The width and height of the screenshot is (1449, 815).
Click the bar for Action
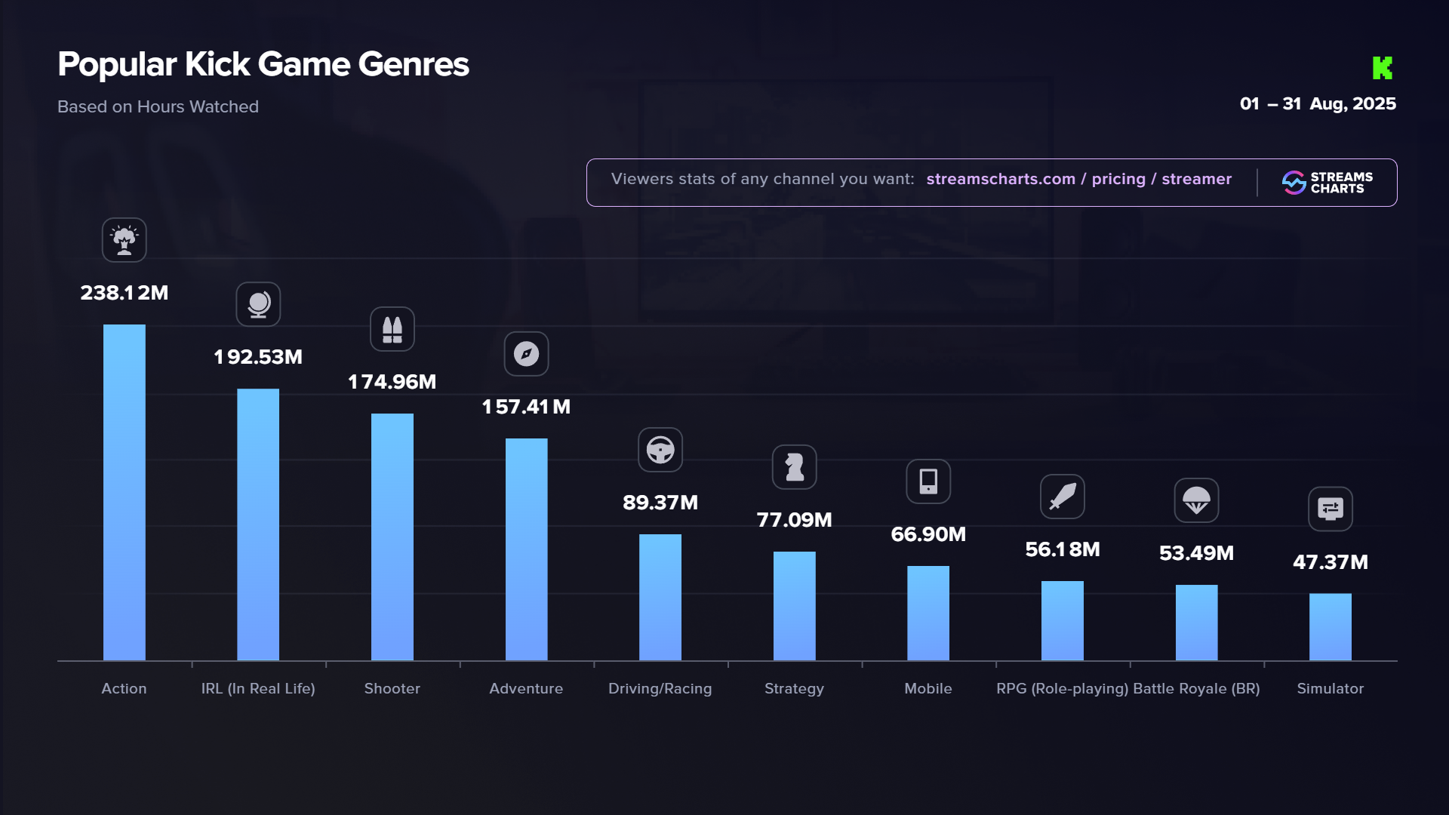click(125, 492)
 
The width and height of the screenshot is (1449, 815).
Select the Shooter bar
click(392, 537)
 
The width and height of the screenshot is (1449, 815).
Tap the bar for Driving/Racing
click(660, 597)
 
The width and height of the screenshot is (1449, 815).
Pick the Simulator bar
click(1331, 626)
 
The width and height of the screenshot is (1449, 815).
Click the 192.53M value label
click(258, 357)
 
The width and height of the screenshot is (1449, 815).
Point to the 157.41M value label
click(526, 407)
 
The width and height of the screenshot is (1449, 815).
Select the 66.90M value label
click(928, 534)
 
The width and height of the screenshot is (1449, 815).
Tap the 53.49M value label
click(1196, 553)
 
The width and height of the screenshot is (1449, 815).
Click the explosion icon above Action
click(125, 240)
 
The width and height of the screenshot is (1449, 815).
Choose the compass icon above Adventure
click(526, 354)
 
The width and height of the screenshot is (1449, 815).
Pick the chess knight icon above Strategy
click(794, 467)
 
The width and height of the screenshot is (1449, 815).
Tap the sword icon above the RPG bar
click(1062, 497)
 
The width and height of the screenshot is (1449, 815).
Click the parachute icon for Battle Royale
click(1196, 500)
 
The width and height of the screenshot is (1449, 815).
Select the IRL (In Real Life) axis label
click(258, 688)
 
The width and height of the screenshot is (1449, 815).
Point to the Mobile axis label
click(928, 688)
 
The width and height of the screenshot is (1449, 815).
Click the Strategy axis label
click(794, 688)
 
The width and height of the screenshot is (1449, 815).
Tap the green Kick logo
click(1382, 68)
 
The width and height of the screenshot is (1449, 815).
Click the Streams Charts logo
click(1327, 183)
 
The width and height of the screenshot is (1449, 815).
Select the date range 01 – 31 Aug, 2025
click(1318, 104)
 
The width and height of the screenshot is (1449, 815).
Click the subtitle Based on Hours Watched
click(158, 106)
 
